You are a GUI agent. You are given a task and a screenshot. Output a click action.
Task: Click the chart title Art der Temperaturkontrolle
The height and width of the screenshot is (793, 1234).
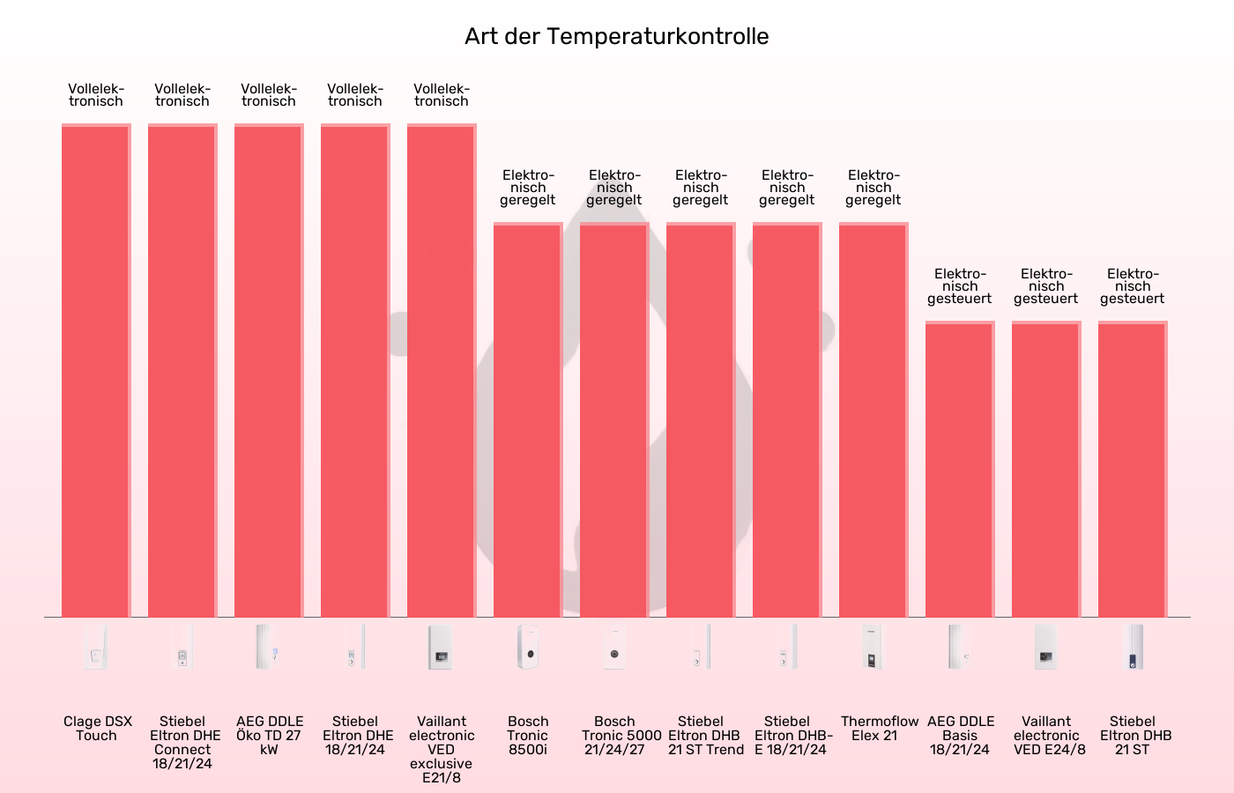617,36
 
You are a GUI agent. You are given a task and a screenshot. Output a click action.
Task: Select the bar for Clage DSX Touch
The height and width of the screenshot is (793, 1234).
96,370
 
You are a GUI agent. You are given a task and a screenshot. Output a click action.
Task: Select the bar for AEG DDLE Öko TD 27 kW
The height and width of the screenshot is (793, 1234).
269,370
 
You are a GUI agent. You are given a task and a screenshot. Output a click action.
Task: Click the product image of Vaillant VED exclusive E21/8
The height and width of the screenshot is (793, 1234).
442,648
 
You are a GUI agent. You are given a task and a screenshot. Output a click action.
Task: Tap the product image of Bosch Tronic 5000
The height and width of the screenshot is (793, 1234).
614,648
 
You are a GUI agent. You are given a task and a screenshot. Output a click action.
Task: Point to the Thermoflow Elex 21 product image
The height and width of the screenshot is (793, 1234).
873,648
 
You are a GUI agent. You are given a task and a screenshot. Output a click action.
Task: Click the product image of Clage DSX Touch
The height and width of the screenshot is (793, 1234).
96,648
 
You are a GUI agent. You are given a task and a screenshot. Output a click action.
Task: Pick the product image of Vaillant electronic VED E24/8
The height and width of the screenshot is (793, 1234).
1046,648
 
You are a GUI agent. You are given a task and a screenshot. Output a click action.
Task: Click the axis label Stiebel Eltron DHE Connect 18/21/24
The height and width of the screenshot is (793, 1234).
182,742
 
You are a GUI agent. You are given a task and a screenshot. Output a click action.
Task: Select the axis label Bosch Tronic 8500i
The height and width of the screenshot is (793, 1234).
528,735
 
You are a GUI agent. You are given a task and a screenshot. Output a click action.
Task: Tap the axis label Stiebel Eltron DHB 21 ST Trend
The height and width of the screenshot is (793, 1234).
701,735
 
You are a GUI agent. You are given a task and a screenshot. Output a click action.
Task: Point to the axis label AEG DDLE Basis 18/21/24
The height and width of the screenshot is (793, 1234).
960,735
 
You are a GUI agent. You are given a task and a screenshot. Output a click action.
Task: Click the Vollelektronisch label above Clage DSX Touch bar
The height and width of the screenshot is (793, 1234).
96,95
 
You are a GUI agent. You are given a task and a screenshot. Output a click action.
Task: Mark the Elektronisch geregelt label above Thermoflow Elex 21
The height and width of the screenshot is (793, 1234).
873,188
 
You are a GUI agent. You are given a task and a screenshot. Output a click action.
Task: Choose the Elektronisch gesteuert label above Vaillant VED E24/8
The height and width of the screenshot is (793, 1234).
1046,286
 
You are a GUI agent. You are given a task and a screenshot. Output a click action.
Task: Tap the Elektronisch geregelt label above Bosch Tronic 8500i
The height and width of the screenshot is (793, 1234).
528,188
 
